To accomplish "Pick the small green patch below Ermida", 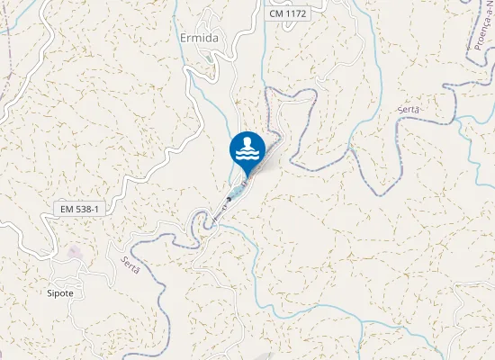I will click(x=213, y=60).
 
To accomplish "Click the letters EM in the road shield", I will click(x=67, y=209).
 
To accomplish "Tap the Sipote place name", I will click(x=61, y=293).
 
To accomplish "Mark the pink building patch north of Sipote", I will click(x=73, y=253).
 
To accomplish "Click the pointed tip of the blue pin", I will click(x=247, y=173).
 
